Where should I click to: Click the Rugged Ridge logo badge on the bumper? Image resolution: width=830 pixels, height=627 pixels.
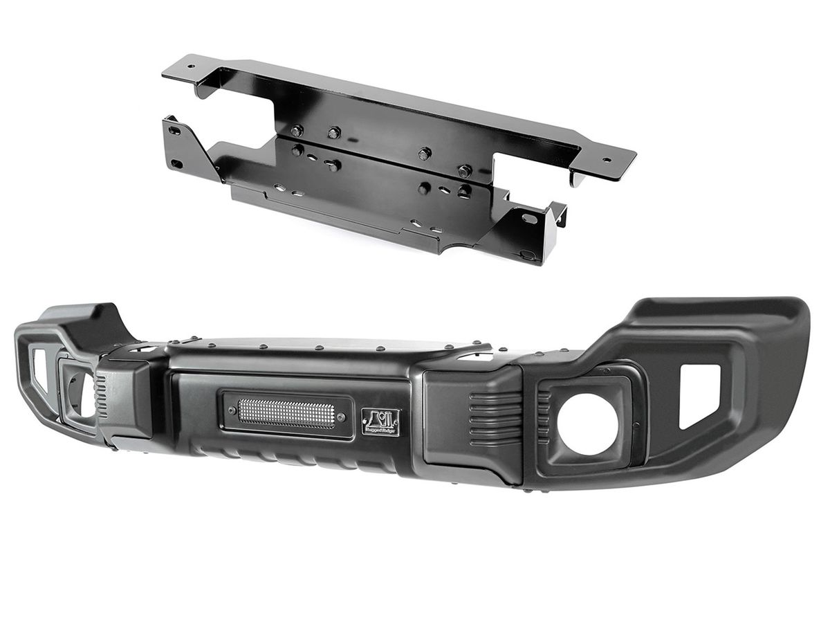tap(380, 421)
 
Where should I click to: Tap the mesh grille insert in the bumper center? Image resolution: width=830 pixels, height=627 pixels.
tap(286, 413)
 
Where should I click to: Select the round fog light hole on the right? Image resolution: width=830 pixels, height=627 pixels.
tap(587, 424)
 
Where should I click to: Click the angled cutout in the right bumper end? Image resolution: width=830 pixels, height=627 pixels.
tap(699, 394)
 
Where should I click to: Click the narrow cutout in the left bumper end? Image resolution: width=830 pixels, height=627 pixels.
tap(39, 370)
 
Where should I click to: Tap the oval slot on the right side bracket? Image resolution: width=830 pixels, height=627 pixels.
tap(529, 219)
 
